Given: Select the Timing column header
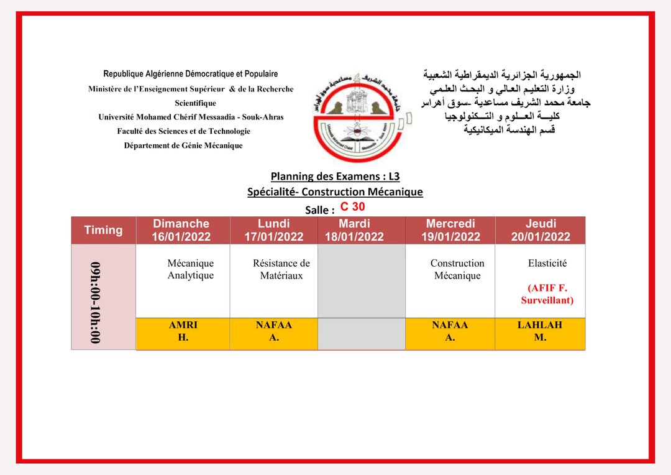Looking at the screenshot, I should point(103,230).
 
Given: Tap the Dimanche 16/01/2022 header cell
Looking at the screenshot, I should point(181,230).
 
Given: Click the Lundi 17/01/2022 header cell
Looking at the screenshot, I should point(273,230).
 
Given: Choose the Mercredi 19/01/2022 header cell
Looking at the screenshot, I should point(450,230).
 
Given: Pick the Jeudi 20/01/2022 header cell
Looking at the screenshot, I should point(541,230).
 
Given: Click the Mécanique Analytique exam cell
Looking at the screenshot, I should point(190,269).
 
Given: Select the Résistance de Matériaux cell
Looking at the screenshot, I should point(281,269).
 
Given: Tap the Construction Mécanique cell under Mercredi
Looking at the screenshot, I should point(457,269).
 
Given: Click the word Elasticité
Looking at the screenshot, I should point(547,263).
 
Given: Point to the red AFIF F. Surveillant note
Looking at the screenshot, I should point(547,294).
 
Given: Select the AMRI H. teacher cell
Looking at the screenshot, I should point(183,331).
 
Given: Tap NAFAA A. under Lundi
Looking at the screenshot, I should point(273,331).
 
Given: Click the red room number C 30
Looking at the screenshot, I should point(353,207).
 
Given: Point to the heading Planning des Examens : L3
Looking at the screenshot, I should point(335,177).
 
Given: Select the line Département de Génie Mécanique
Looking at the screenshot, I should point(183,145).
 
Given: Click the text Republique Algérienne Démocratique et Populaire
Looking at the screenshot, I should point(191,74).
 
